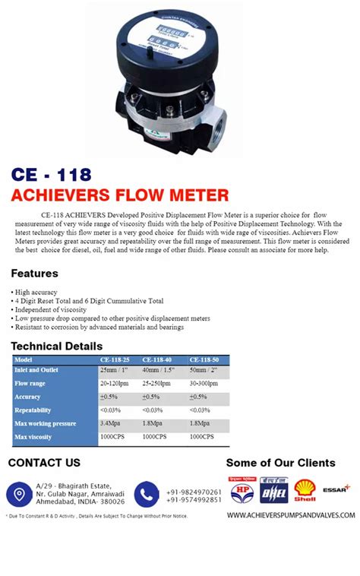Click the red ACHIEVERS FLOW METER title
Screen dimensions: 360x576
120,195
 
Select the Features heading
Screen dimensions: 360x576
35,273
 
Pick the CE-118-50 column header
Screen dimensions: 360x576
206,359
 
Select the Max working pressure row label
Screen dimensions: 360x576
46,423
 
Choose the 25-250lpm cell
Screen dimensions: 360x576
161,383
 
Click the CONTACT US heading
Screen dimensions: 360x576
44,463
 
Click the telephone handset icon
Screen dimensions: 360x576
146,494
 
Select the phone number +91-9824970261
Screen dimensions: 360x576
194,492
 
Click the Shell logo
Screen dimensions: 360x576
306,490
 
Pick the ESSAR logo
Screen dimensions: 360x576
337,489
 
